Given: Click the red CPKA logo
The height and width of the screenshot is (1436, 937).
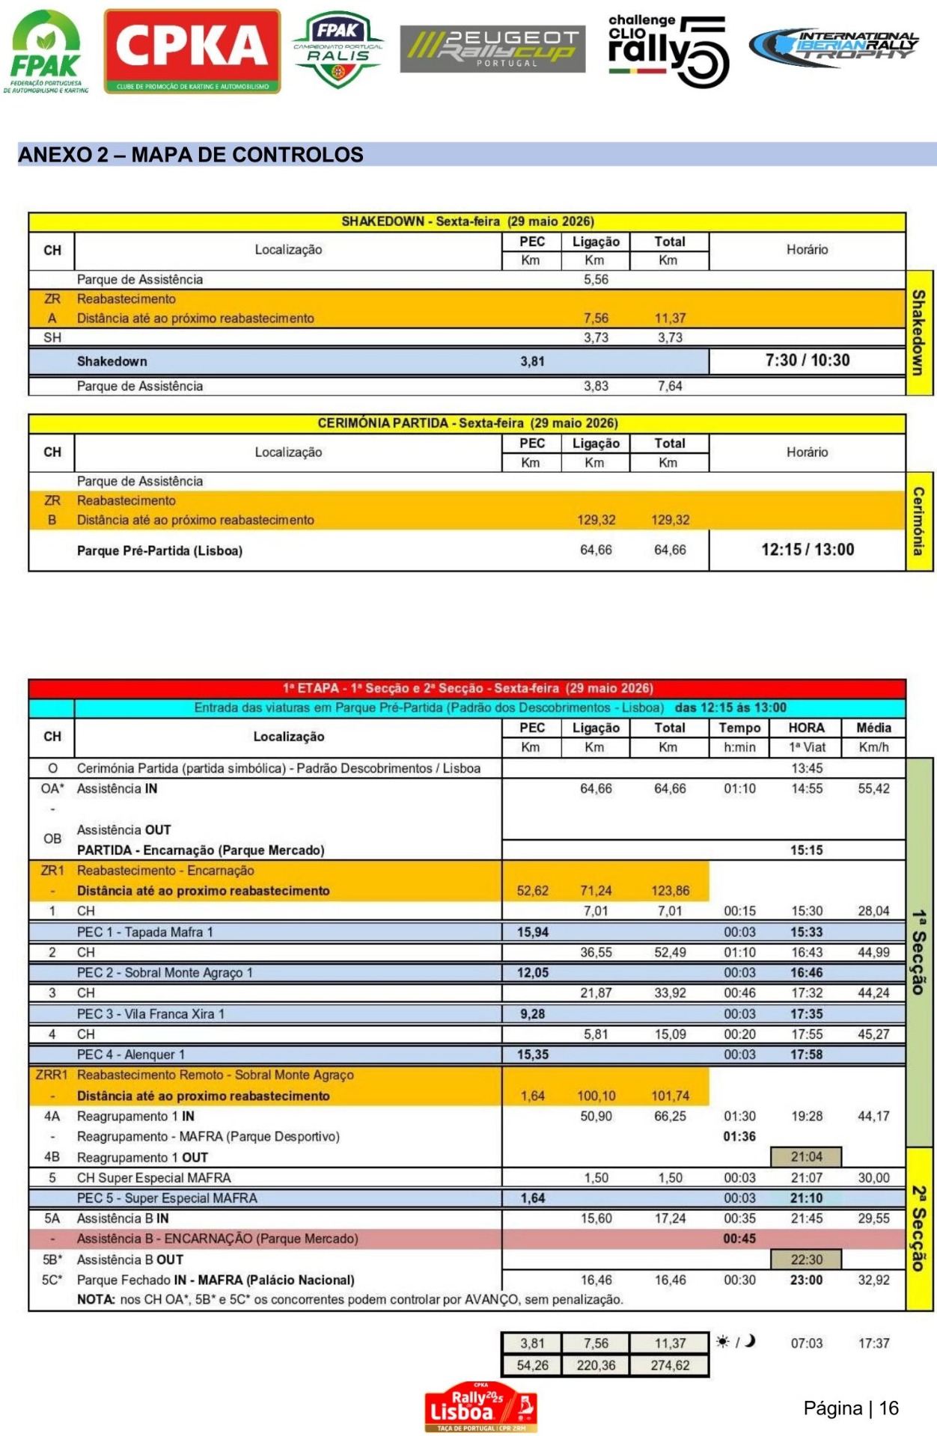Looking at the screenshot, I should coord(192,51).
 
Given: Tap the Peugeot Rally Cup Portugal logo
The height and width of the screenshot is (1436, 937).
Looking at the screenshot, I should coord(492,49).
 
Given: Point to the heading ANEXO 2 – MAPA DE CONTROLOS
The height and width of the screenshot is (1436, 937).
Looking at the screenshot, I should coord(191,155).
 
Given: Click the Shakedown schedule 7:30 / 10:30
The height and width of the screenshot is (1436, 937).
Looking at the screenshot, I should coord(807,360).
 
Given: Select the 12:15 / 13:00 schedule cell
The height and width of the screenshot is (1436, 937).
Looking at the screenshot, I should coord(807,550).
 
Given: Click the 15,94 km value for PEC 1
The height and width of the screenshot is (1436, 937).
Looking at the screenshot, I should coord(532,932).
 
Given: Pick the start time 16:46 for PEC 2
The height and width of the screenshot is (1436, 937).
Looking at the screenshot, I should coord(806,973).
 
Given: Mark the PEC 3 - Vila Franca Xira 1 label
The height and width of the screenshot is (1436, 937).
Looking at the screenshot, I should coord(150,1014).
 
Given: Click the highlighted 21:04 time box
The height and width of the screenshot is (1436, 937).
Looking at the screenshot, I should coord(806,1157).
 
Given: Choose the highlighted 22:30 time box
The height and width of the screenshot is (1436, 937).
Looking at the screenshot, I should coord(806,1259).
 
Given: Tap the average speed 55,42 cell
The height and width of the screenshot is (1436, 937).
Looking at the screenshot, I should coord(873,788).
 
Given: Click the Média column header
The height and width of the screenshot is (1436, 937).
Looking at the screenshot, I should coord(873,728).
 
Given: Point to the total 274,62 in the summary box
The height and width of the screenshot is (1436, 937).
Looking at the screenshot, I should coord(670,1365).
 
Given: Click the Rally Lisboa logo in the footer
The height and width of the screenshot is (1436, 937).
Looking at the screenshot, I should coord(480,1406).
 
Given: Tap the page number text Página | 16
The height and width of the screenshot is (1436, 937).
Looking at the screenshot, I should coord(850,1408).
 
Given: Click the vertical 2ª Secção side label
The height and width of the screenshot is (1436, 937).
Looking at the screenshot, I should coord(919,1228).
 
